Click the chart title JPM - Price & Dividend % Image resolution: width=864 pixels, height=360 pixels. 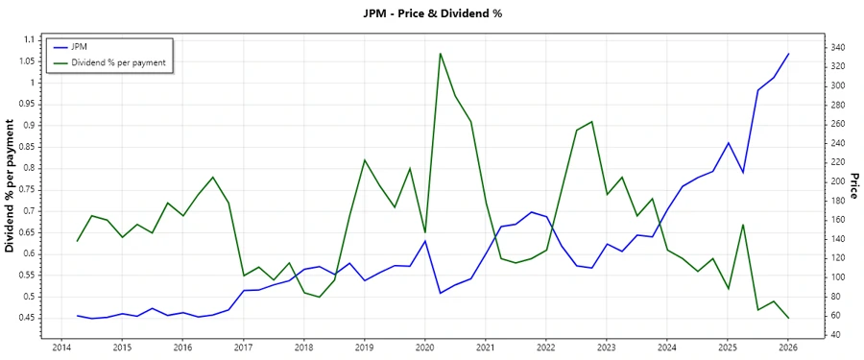pyautogui.click(x=433, y=13)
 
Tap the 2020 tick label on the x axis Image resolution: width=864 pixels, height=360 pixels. pyautogui.click(x=424, y=347)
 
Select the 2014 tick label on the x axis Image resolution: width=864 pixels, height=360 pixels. pyautogui.click(x=61, y=347)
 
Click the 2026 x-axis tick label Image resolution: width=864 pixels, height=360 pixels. pyautogui.click(x=788, y=347)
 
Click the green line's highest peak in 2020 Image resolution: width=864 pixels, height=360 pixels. pyautogui.click(x=440, y=54)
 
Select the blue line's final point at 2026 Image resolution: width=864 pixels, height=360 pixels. pyautogui.click(x=788, y=54)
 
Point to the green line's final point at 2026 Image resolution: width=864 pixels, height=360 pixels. pyautogui.click(x=788, y=318)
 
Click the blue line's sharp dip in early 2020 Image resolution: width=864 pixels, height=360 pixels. pyautogui.click(x=440, y=293)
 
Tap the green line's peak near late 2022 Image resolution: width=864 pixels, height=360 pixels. pyautogui.click(x=591, y=122)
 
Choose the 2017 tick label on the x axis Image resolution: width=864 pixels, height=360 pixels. pyautogui.click(x=243, y=347)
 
